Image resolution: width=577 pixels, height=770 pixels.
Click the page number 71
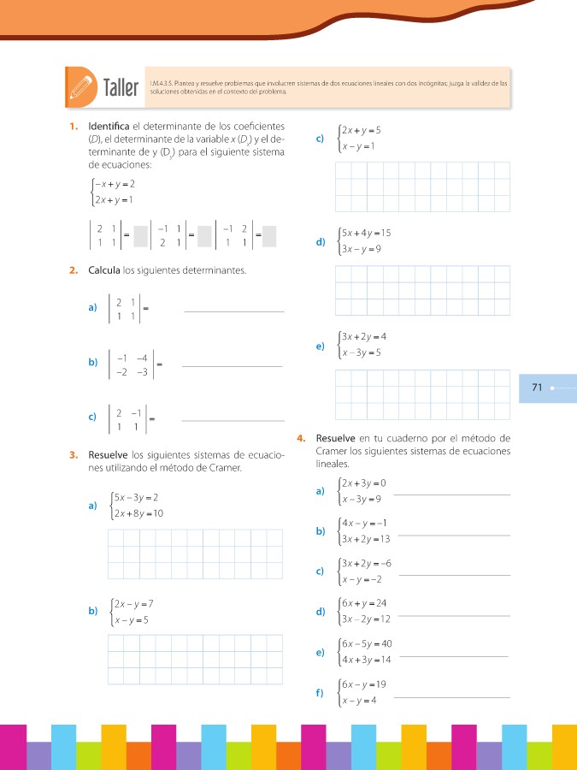click(537, 388)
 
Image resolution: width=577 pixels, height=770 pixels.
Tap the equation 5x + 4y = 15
click(366, 234)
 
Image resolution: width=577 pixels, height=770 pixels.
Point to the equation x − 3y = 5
click(362, 352)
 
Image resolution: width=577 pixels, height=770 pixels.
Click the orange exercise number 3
click(74, 454)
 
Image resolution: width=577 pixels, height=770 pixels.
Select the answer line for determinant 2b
click(233, 366)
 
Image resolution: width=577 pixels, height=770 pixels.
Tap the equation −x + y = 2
click(116, 185)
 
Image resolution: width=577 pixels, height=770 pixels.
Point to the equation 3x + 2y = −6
click(366, 563)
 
